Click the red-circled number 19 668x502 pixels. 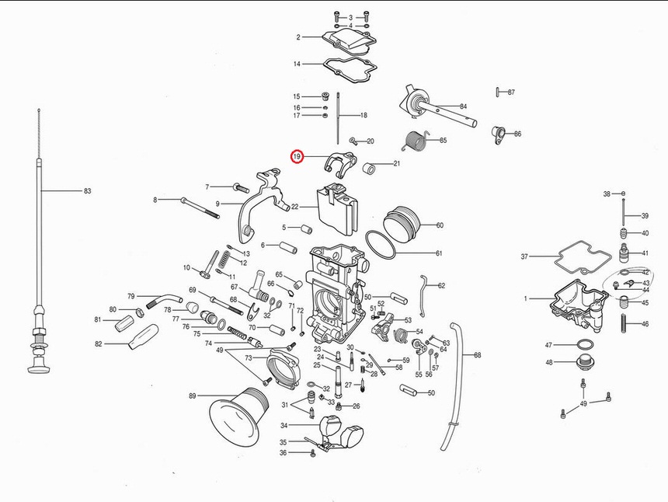(x=297, y=157)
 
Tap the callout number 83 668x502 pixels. (x=88, y=190)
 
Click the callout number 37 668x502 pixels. (x=524, y=256)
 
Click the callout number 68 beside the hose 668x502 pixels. (x=477, y=355)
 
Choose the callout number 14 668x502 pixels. (x=297, y=64)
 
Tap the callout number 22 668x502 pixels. (x=294, y=207)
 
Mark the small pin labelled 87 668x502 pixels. (x=496, y=92)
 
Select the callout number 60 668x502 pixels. (x=440, y=225)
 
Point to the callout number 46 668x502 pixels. (x=645, y=324)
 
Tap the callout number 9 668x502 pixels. (x=218, y=204)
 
